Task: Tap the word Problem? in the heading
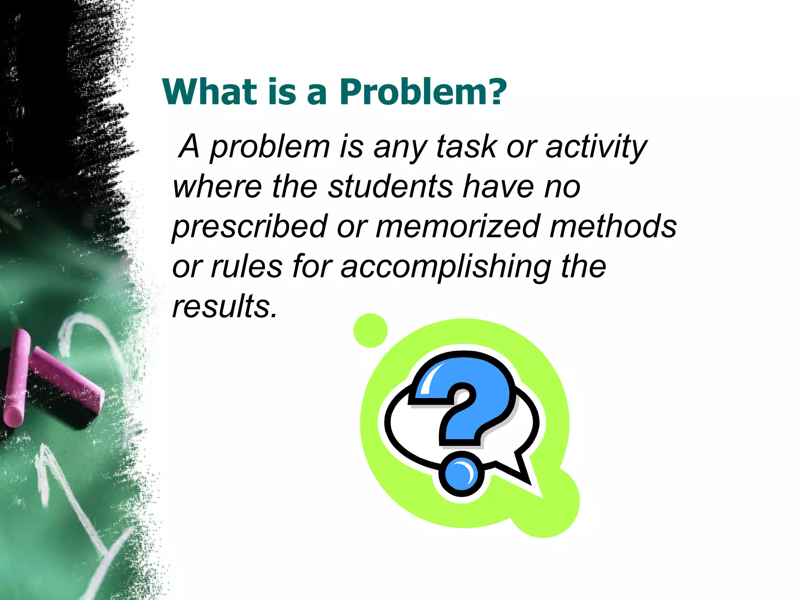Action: tap(423, 93)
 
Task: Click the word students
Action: tap(390, 187)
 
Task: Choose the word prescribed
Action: tap(249, 227)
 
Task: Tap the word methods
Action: tap(613, 227)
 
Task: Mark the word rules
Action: tap(246, 267)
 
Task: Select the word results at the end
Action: tap(224, 307)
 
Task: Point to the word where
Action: tap(217, 187)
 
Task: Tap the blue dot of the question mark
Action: tap(461, 473)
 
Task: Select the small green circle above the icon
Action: tap(370, 330)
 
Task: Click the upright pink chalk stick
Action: tap(16, 377)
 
